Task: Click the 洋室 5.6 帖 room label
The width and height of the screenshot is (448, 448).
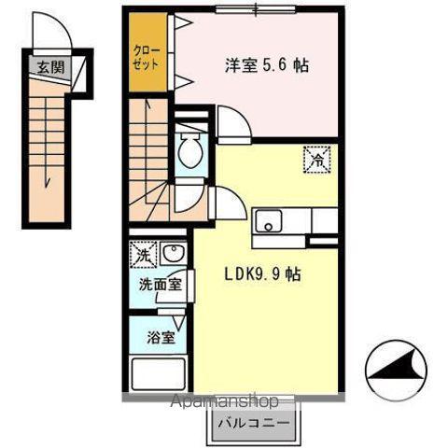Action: pos(266,66)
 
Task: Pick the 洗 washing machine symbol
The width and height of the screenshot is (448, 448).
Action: pos(143,253)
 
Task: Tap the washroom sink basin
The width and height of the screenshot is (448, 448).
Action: pos(172,254)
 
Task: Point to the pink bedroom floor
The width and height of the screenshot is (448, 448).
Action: pos(280,103)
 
